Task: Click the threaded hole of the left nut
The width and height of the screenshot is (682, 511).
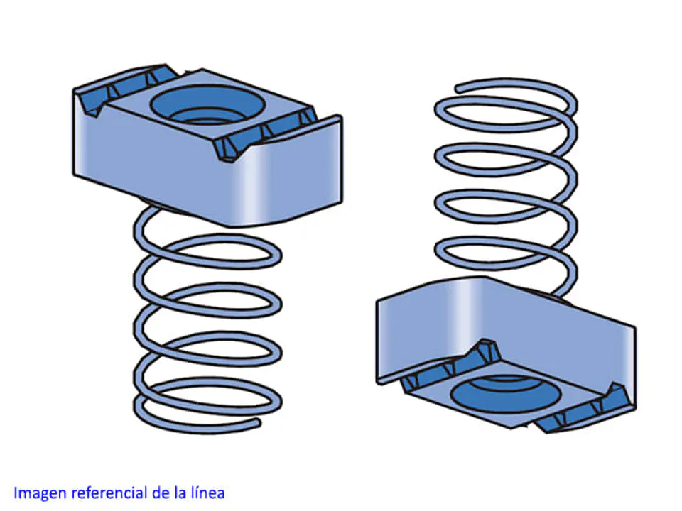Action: click(x=207, y=106)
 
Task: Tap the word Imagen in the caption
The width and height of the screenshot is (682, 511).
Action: click(x=40, y=493)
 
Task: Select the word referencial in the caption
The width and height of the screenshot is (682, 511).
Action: click(x=109, y=493)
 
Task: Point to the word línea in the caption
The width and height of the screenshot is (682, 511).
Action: click(x=207, y=493)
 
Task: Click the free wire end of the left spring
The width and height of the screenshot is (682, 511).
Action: click(x=257, y=422)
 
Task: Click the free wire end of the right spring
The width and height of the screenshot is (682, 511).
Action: click(x=459, y=89)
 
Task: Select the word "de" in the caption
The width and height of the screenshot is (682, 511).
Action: click(x=161, y=493)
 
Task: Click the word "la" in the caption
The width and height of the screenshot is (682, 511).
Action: click(x=180, y=493)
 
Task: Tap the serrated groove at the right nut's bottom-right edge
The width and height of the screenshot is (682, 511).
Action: click(x=583, y=409)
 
